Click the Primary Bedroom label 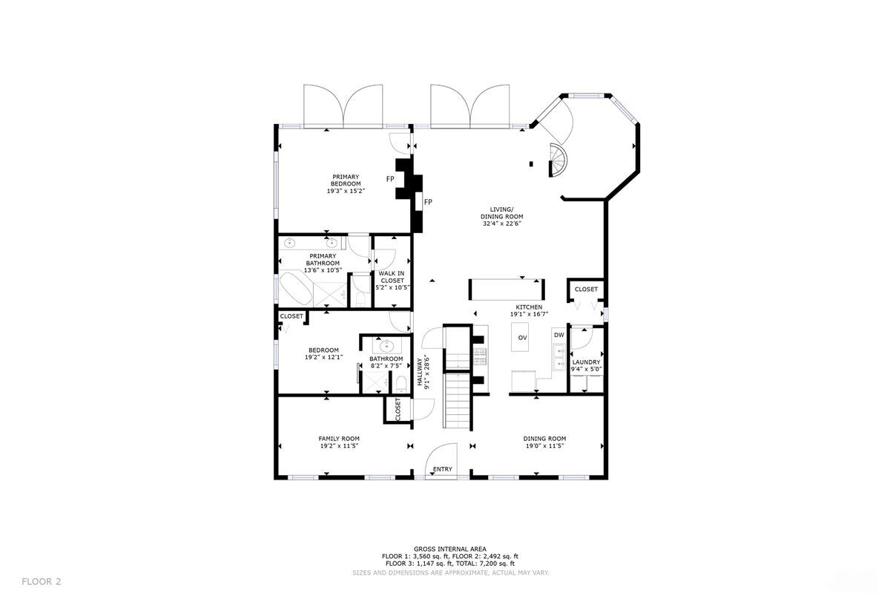pos(346,180)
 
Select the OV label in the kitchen pos(522,338)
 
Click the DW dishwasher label pos(558,335)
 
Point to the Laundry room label pos(586,362)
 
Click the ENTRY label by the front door pos(443,469)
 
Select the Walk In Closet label pos(392,280)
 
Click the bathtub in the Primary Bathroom pos(295,290)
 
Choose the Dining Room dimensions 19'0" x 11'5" pos(545,446)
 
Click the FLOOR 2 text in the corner pos(42,581)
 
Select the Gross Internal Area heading pos(450,549)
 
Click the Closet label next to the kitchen pos(586,289)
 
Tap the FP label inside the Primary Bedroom pos(390,179)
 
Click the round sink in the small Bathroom pos(386,345)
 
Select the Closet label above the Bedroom pos(291,316)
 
